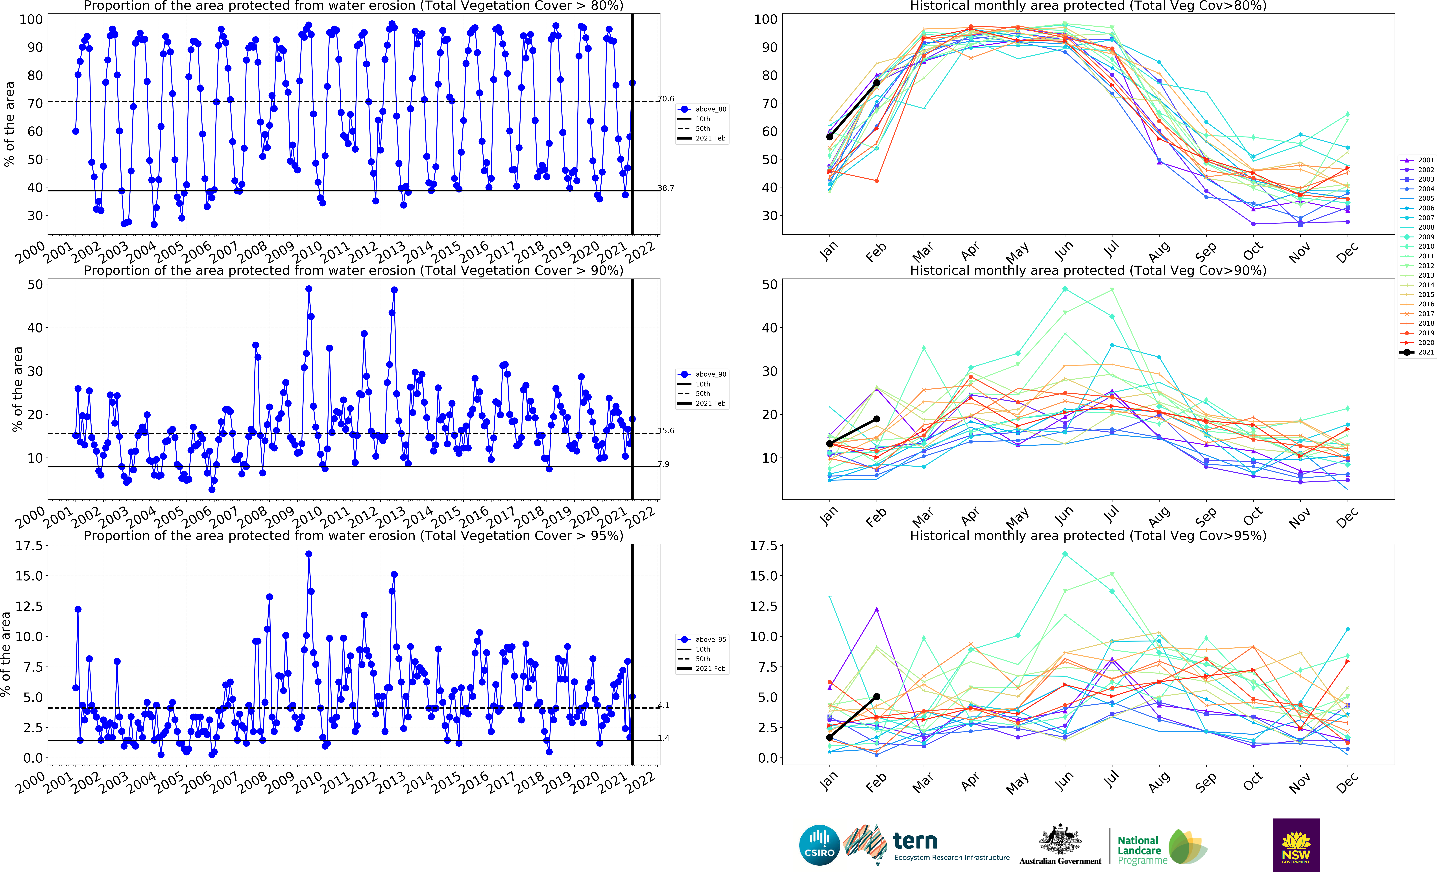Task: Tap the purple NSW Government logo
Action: (1296, 845)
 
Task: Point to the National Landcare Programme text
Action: (1139, 850)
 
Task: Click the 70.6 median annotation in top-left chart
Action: (666, 99)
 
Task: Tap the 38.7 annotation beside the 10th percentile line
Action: (666, 188)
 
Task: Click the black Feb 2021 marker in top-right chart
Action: (876, 83)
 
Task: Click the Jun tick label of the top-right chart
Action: (1064, 250)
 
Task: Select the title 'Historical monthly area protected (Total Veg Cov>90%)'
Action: (1088, 270)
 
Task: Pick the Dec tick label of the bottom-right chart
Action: (1346, 781)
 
